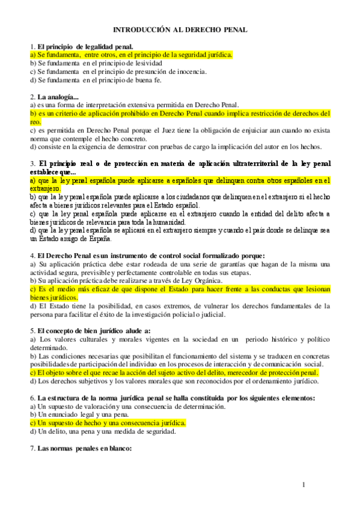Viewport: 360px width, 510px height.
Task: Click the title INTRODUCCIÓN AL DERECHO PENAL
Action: (x=180, y=29)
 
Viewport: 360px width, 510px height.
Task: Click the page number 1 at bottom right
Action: (x=304, y=485)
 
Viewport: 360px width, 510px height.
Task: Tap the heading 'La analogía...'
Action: (x=58, y=96)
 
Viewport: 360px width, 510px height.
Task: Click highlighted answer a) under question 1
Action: (x=130, y=54)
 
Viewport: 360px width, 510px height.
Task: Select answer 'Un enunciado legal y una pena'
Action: (x=84, y=414)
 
